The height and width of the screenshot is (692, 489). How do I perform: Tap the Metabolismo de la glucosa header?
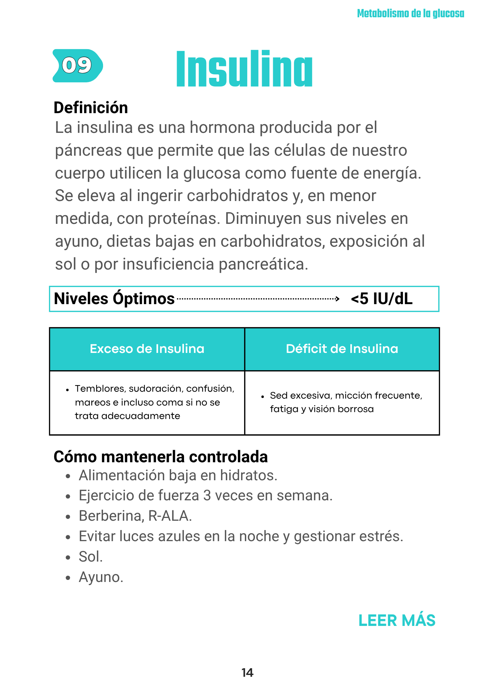pos(410,13)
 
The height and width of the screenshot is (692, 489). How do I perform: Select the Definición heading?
pos(91,108)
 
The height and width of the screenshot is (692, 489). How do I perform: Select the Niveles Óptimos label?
pos(114,299)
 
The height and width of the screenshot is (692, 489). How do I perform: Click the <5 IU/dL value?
pos(381,299)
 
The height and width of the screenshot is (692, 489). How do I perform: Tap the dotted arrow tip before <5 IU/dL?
pos(338,299)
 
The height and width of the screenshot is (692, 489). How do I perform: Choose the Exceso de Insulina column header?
pos(147,349)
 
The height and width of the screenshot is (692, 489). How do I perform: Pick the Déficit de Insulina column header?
pos(342,349)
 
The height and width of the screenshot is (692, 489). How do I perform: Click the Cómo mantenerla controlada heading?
pos(161,457)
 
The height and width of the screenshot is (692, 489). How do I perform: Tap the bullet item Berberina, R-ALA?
pos(135,516)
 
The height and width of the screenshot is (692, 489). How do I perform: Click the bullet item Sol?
pos(91,557)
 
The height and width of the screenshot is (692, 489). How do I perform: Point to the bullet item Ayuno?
pos(101,577)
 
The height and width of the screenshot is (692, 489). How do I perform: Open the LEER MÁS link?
pos(397,620)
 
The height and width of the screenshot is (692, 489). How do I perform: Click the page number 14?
pos(247,673)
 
